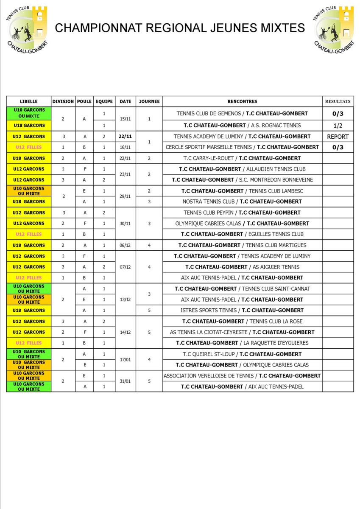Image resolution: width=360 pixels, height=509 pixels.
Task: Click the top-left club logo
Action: (x=28, y=29)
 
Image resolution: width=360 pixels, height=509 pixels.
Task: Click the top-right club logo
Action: (x=334, y=29)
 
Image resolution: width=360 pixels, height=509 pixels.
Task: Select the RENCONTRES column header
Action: (x=242, y=101)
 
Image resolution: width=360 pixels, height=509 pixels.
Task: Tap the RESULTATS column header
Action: (x=338, y=101)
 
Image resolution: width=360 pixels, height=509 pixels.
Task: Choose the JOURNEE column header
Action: (x=149, y=101)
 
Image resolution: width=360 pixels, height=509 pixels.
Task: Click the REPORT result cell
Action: (x=338, y=137)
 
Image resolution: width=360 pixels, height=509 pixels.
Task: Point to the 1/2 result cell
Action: (x=338, y=126)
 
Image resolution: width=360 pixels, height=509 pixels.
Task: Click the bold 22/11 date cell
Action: (x=126, y=137)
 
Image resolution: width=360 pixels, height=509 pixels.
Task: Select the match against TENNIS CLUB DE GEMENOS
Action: (x=242, y=114)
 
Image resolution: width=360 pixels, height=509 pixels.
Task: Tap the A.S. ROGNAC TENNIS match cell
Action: (x=242, y=126)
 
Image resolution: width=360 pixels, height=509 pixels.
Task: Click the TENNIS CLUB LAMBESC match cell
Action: (x=242, y=191)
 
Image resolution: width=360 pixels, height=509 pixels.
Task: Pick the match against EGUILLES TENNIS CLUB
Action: (x=242, y=234)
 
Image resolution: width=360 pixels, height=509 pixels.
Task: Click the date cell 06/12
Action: (x=126, y=245)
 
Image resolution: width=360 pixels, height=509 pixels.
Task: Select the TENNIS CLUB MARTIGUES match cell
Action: (x=242, y=245)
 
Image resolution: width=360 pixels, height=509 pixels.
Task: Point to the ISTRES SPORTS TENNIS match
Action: (x=242, y=310)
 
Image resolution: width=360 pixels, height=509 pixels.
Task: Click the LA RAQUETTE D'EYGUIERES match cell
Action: (x=242, y=343)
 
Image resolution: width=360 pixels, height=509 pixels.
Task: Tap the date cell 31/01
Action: (x=126, y=381)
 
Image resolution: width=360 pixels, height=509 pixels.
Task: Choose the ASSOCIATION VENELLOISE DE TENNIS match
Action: (x=242, y=375)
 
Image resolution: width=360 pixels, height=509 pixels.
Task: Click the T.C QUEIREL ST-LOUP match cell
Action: (x=242, y=354)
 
